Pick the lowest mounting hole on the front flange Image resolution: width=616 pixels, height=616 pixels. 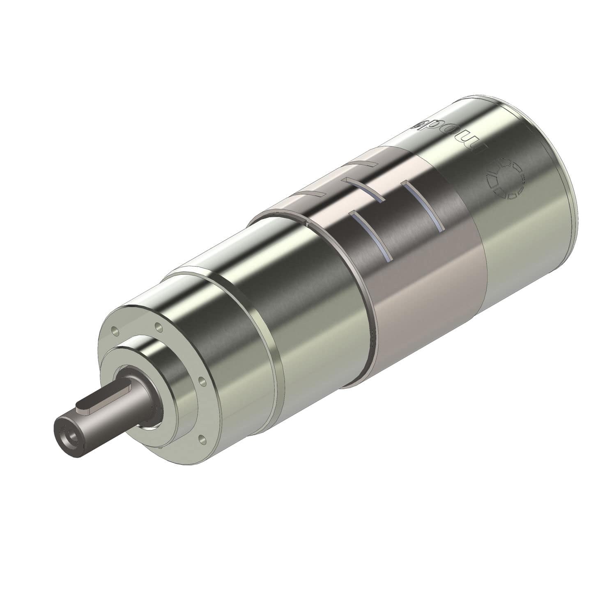click(201, 439)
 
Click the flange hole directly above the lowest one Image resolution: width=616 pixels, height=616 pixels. click(201, 382)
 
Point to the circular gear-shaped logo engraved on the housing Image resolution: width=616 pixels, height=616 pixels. click(504, 179)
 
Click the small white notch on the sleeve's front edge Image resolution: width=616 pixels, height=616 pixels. click(307, 223)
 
